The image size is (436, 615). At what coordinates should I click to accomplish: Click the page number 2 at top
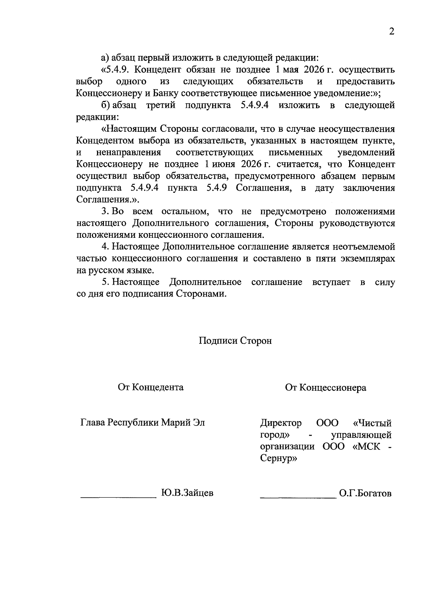[x=391, y=32]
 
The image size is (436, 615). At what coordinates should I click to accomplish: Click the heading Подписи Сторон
[x=235, y=341]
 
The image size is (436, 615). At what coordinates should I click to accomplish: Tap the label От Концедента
[x=150, y=387]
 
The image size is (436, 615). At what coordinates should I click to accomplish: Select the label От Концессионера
[x=326, y=388]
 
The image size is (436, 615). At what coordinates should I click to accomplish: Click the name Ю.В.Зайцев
[x=187, y=493]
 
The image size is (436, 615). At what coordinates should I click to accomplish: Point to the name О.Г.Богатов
[x=365, y=494]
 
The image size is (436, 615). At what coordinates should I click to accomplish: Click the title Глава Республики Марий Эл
[x=142, y=423]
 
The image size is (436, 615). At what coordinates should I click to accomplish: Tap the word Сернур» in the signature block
[x=279, y=459]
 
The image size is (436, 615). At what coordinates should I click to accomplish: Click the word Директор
[x=281, y=423]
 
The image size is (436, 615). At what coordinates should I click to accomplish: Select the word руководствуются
[x=357, y=223]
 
